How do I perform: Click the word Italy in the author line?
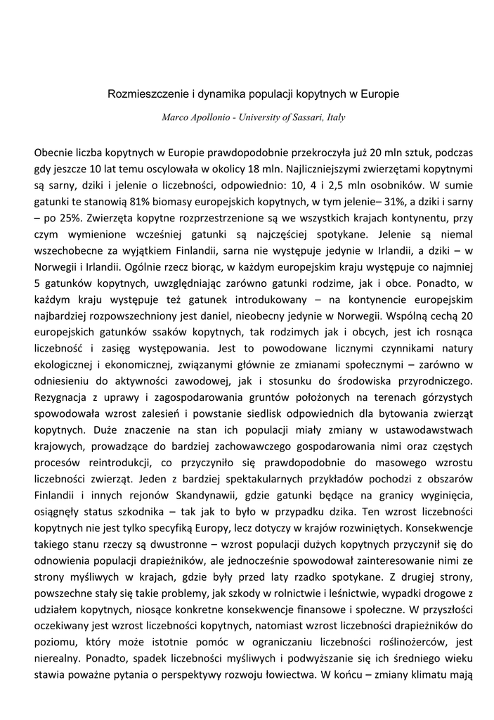click(336, 117)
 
